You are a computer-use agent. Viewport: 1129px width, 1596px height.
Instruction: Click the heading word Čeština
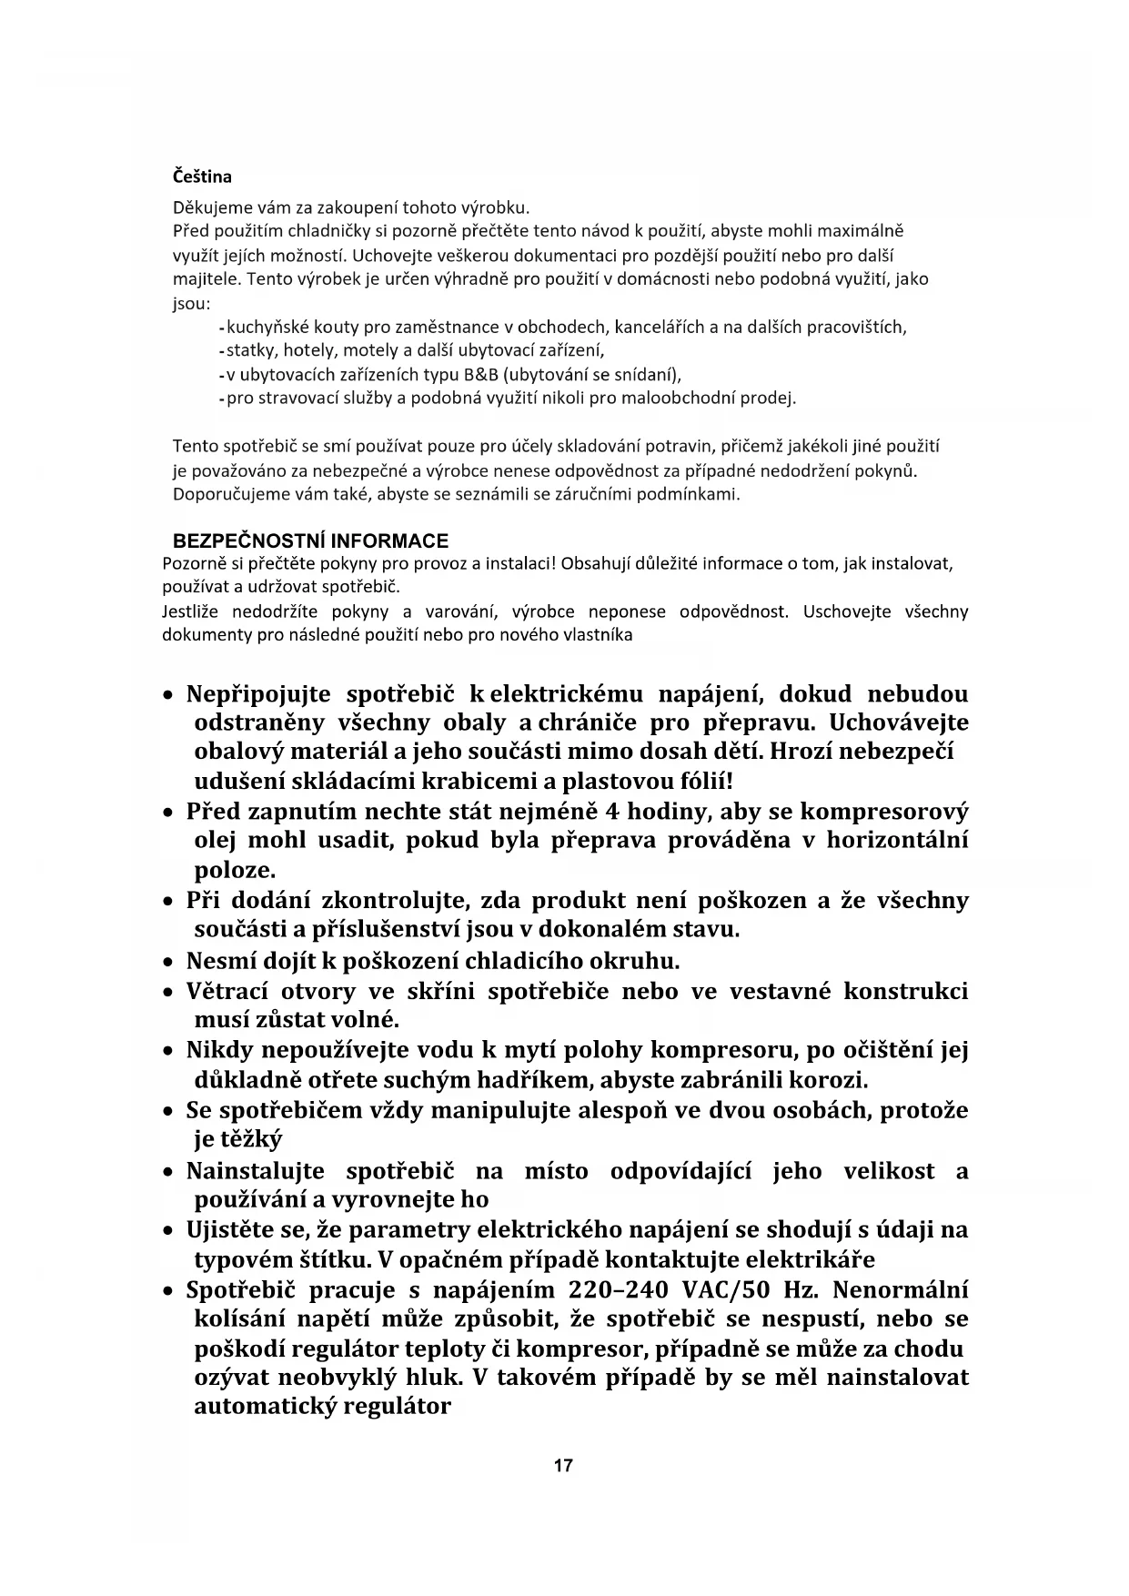(x=202, y=177)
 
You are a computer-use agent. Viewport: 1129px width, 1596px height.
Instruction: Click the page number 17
(x=563, y=1466)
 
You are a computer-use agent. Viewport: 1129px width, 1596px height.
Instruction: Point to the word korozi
(x=827, y=1080)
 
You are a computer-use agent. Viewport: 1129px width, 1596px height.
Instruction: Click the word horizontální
(x=897, y=840)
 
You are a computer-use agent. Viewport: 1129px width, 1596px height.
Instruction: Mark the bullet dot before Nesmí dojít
(x=168, y=963)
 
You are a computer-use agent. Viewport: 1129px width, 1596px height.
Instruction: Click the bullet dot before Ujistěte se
(x=168, y=1232)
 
